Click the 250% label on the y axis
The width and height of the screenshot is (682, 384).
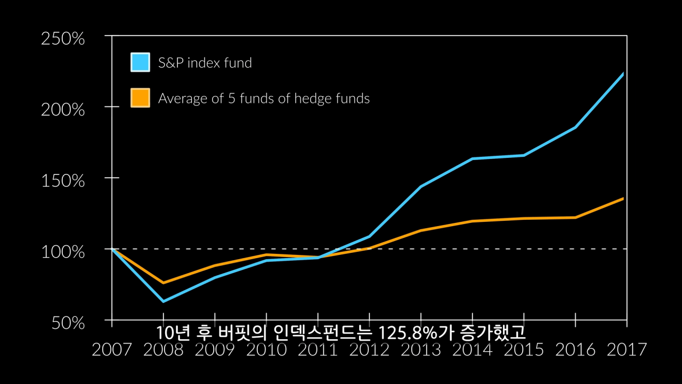63,39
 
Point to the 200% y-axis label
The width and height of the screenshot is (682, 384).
63,110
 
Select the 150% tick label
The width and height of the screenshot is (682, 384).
63,181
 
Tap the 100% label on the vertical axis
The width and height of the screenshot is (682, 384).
63,252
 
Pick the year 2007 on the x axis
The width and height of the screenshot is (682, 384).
112,350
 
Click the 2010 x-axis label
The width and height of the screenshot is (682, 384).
266,350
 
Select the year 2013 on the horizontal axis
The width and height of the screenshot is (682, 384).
421,350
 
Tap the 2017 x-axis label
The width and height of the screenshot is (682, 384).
627,350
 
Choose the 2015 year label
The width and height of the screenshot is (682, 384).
524,350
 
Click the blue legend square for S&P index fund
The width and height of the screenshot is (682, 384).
140,62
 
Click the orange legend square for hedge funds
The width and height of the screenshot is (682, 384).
140,98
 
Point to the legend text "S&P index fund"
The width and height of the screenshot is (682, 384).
205,63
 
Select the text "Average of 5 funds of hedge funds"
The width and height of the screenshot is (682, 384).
264,99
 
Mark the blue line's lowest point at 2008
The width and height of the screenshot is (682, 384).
163,301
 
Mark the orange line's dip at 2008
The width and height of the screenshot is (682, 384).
163,283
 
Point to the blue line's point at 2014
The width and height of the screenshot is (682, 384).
473,158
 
